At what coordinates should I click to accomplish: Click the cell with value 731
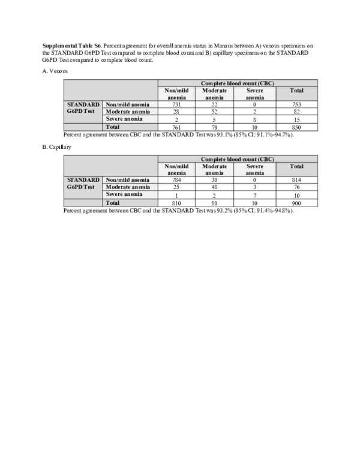[x=176, y=104]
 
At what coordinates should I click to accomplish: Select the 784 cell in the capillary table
[x=176, y=180]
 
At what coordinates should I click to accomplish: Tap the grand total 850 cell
[x=296, y=127]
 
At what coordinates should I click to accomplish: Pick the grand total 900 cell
[x=296, y=203]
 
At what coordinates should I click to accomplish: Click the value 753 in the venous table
[x=296, y=104]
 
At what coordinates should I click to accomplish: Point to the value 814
[x=296, y=180]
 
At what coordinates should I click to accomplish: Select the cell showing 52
[x=214, y=112]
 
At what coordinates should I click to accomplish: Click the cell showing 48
[x=214, y=187]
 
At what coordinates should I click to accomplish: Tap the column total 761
[x=176, y=127]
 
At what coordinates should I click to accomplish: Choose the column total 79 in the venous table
[x=214, y=127]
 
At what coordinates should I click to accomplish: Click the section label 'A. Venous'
[x=55, y=71]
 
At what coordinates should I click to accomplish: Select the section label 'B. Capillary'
[x=58, y=147]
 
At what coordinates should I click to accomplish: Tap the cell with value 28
[x=176, y=112]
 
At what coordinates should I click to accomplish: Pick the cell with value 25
[x=176, y=187]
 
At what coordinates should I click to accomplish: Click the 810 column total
[x=176, y=203]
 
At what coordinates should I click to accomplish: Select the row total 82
[x=296, y=112]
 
